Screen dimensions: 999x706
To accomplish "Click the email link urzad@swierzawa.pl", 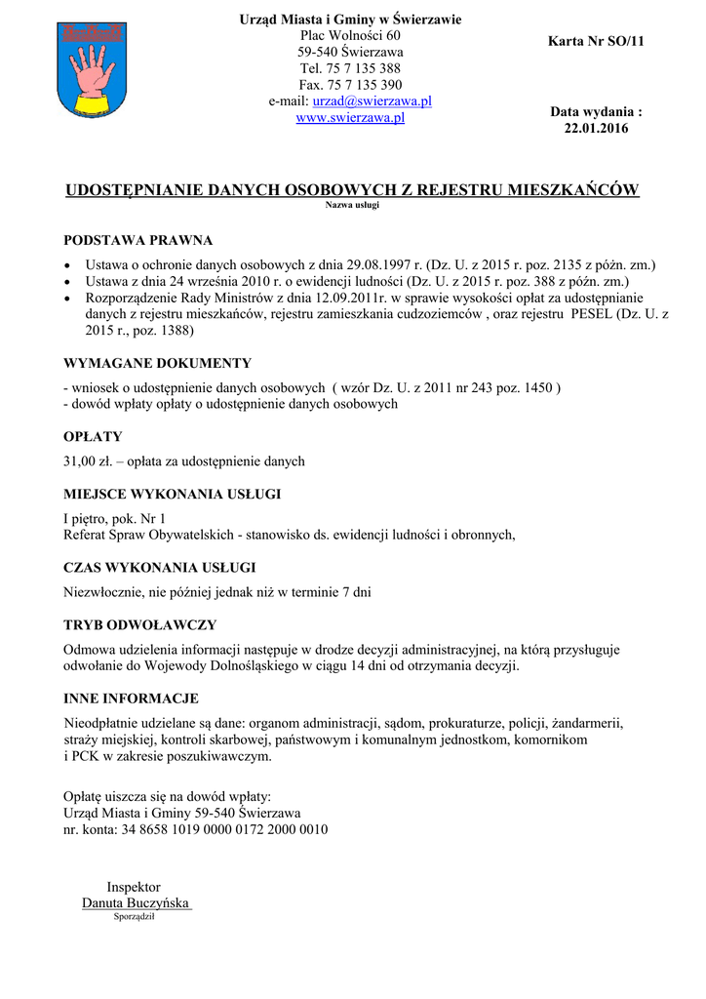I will click(x=372, y=101).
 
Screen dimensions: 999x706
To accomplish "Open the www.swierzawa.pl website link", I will click(x=350, y=118).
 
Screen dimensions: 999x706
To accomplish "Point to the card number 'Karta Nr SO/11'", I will click(x=597, y=41).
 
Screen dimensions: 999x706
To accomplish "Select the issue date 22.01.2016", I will click(x=597, y=129).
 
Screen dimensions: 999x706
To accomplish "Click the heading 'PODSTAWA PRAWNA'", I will click(x=137, y=240).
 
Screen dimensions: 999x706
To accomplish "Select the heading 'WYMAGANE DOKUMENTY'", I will click(x=157, y=363).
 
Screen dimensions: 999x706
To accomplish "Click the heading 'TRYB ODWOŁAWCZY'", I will click(x=139, y=624).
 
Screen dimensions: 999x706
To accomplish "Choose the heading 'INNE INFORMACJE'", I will click(x=131, y=699).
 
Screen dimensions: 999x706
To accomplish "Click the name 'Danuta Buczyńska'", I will click(x=136, y=903).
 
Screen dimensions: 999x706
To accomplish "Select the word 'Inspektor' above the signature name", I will click(x=134, y=887).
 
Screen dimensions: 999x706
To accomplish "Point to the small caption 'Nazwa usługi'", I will click(x=351, y=206).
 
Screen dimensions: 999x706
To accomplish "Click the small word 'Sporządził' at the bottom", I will click(x=135, y=917).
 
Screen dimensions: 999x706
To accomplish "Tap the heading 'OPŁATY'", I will click(x=93, y=436).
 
